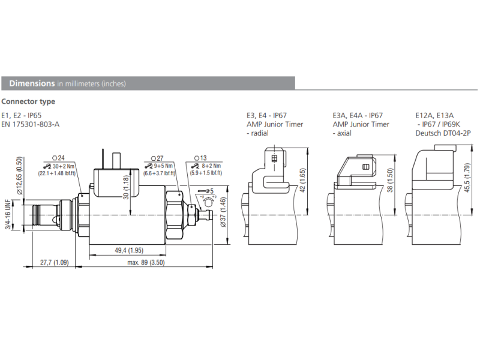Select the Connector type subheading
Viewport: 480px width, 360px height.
(28, 101)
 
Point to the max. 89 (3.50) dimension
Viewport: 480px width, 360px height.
(146, 263)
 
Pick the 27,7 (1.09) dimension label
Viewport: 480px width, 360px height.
(54, 263)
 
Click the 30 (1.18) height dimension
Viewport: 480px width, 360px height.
(125, 188)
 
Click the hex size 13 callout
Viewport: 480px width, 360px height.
(200, 158)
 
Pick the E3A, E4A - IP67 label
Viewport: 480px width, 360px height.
(358, 115)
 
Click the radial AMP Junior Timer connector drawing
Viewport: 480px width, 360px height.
(271, 171)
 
